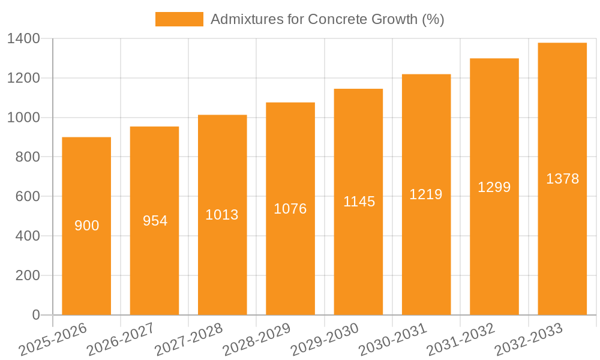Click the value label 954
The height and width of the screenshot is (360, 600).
point(155,221)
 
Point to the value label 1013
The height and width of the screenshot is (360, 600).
point(222,215)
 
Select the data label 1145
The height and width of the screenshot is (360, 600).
point(359,202)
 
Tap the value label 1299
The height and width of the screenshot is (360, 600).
point(494,187)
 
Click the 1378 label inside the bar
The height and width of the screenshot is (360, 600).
point(562,179)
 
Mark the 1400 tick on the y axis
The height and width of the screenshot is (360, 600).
point(23,39)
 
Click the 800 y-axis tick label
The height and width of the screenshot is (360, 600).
point(28,157)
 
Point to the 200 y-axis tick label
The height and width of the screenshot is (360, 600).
point(28,275)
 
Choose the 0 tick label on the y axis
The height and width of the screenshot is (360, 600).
point(35,315)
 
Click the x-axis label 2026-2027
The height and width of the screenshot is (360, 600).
point(120,340)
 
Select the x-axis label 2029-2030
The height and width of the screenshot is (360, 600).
point(325,340)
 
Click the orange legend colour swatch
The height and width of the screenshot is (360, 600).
point(179,19)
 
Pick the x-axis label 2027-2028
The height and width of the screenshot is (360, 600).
point(188,340)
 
